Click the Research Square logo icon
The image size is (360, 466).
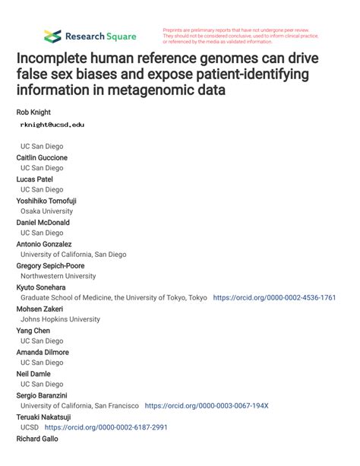tap(52, 36)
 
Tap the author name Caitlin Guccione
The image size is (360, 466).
tap(42, 157)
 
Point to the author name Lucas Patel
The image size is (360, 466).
tap(36, 179)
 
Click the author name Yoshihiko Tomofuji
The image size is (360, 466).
tap(46, 201)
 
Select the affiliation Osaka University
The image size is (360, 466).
tap(47, 211)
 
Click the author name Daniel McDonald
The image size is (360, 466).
tap(43, 223)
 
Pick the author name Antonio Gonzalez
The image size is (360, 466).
tap(44, 244)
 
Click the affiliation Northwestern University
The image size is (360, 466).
tap(58, 277)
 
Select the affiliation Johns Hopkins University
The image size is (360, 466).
tap(60, 320)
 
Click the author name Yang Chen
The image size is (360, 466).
tap(33, 331)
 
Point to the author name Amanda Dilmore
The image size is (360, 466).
tap(43, 353)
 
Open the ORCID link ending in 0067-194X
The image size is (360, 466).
tap(206, 407)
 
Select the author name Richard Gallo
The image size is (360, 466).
tap(38, 439)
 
